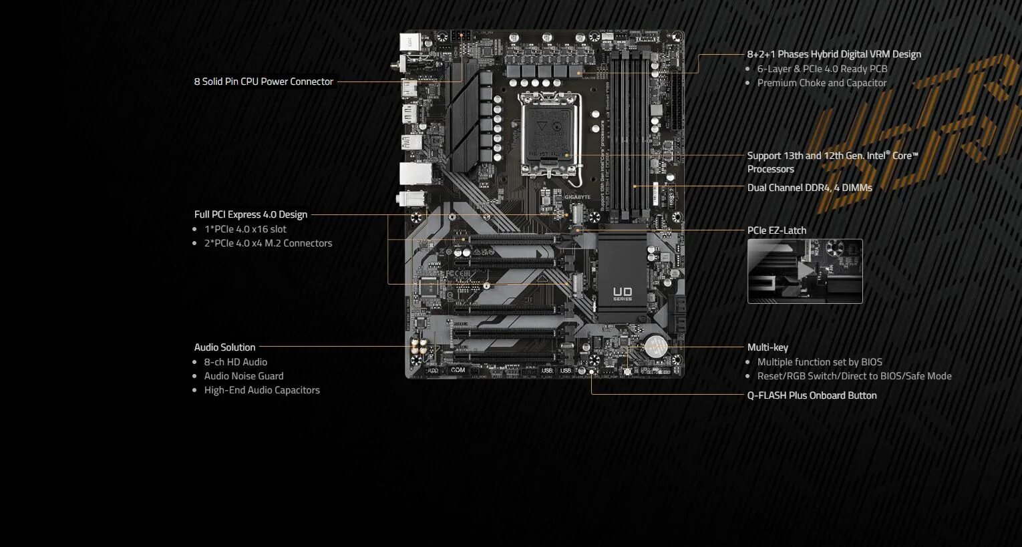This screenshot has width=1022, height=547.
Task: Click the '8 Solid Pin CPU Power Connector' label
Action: click(x=263, y=81)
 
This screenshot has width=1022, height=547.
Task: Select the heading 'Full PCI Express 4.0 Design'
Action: click(x=250, y=214)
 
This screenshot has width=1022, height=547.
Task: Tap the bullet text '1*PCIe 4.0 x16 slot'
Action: click(x=245, y=229)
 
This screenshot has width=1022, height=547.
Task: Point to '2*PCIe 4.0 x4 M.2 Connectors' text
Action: click(x=268, y=243)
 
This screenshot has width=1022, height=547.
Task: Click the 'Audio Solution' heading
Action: click(x=224, y=347)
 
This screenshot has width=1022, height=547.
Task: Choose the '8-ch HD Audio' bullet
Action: click(x=235, y=362)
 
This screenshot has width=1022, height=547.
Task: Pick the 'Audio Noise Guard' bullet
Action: click(x=244, y=376)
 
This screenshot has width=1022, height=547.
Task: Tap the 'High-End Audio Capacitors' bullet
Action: click(x=262, y=390)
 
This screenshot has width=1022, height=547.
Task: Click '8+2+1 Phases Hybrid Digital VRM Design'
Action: click(x=834, y=54)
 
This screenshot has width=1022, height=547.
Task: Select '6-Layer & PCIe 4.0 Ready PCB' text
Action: click(x=822, y=69)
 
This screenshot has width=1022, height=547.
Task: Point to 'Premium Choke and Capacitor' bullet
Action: click(x=822, y=83)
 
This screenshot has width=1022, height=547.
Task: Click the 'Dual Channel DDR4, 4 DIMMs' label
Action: click(x=810, y=188)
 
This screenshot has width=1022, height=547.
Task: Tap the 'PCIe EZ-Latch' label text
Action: click(x=776, y=230)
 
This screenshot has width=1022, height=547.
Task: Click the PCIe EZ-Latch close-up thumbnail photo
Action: click(x=805, y=271)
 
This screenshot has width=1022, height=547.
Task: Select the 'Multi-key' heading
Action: click(x=768, y=347)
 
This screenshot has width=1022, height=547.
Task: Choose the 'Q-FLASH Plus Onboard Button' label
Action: click(x=812, y=395)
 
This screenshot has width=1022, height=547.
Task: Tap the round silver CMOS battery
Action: click(x=655, y=346)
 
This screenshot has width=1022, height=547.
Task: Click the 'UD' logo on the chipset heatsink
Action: click(x=623, y=293)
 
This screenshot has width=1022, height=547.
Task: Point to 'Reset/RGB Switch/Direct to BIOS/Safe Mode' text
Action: click(x=854, y=376)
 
